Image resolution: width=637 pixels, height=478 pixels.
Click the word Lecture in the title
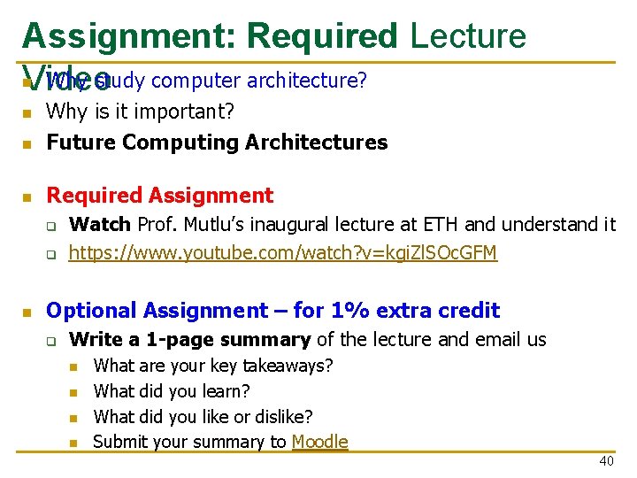click(x=468, y=37)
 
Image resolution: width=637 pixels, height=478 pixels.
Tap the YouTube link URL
click(x=283, y=254)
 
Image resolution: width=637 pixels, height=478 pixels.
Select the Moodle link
click(x=319, y=442)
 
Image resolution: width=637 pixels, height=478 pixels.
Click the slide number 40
click(x=606, y=461)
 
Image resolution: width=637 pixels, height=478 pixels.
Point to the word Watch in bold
click(x=99, y=225)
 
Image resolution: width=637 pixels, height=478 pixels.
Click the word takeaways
click(x=288, y=366)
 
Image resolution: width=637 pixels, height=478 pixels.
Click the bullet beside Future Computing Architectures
click(x=27, y=143)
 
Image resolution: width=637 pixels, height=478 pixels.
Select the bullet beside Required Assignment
click(x=27, y=197)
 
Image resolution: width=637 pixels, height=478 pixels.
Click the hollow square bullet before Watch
click(x=52, y=226)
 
